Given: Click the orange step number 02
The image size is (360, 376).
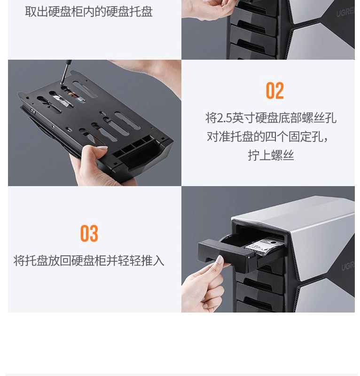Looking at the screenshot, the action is coord(275,90).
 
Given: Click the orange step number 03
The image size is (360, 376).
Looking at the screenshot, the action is coord(89,233).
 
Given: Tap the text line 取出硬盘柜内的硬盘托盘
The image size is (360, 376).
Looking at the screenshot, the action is coord(89,11).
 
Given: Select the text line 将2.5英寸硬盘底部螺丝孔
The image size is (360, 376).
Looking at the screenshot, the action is coord(271,118).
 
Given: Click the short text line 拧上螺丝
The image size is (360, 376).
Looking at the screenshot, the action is coord(271,155).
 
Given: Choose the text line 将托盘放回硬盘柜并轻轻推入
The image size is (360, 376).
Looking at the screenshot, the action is coord(89,261).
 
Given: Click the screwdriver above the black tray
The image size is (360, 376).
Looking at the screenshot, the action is coord(66,72).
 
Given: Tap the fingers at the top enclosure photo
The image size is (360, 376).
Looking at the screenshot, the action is coord(207,8).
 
